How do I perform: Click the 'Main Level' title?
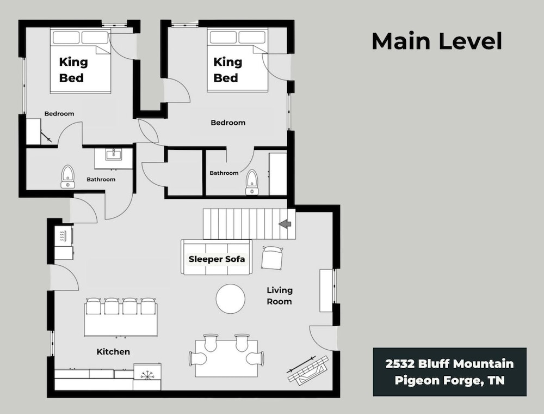437,41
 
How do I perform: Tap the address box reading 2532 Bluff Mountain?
450,372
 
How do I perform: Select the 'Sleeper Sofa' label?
217,259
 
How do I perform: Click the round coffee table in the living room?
231,299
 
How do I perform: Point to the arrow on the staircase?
285,224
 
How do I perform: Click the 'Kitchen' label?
113,352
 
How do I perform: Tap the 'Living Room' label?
279,296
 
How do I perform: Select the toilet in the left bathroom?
67,177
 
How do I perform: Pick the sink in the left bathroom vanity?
114,154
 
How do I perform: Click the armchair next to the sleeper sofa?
272,257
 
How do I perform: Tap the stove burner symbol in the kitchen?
147,375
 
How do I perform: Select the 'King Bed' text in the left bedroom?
73,70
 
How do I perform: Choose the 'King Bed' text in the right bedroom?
227,70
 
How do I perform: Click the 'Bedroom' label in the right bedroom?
228,123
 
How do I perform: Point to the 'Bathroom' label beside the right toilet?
224,173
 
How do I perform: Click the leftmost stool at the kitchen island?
93,306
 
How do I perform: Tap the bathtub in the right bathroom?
278,174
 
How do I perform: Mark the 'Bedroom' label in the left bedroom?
59,113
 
